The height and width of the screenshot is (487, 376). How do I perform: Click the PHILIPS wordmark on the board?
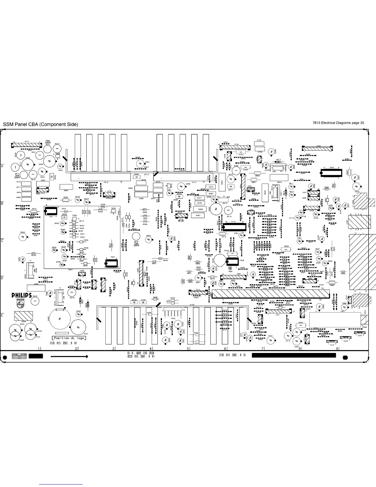click(x=22, y=295)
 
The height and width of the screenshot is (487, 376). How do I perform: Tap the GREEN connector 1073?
click(x=109, y=195)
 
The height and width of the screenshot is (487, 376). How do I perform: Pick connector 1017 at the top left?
click(x=27, y=145)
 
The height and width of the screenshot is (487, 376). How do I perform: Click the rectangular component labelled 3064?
click(x=66, y=187)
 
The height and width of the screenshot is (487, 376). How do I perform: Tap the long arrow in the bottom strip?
click(x=69, y=357)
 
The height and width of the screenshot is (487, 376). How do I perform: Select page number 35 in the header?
click(x=362, y=123)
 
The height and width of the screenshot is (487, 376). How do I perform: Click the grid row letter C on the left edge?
click(x=2, y=241)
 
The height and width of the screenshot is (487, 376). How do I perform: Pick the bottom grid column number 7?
click(x=262, y=349)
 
